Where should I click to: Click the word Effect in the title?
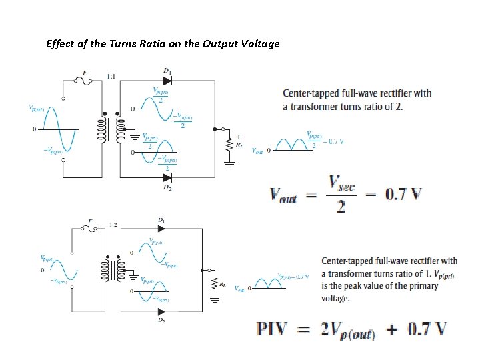pos(59,44)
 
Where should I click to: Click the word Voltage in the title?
pos(261,44)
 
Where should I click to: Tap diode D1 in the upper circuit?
pos(167,79)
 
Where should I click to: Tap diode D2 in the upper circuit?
pos(167,177)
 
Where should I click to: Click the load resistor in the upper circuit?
pos(230,142)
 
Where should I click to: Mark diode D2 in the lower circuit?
pos(162,311)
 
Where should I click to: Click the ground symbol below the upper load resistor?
pos(230,163)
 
